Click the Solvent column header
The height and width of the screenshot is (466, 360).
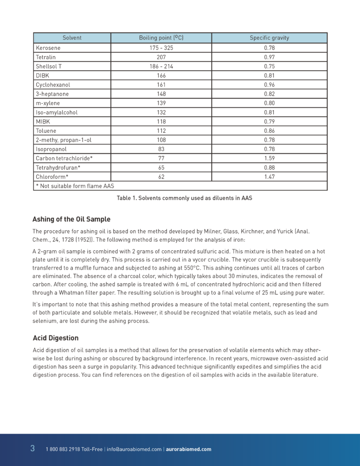72,38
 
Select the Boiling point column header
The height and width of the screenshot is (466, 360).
161,38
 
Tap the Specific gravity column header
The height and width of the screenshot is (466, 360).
269,38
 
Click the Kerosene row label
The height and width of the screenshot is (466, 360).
48,48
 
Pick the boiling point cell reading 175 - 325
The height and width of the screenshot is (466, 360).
161,48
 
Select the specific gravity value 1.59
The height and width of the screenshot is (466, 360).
269,158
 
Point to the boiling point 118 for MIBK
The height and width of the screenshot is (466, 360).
161,121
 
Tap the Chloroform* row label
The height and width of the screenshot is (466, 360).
52,177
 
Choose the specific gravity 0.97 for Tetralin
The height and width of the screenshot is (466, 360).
269,57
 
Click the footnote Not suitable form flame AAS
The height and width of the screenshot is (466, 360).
75,186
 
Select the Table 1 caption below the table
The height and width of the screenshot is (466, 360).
184,198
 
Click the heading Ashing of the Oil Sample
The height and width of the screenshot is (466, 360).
71,219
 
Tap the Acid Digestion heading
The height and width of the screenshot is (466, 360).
55,338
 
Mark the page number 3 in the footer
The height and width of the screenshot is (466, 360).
32,449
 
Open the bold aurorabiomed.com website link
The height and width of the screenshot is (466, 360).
188,449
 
